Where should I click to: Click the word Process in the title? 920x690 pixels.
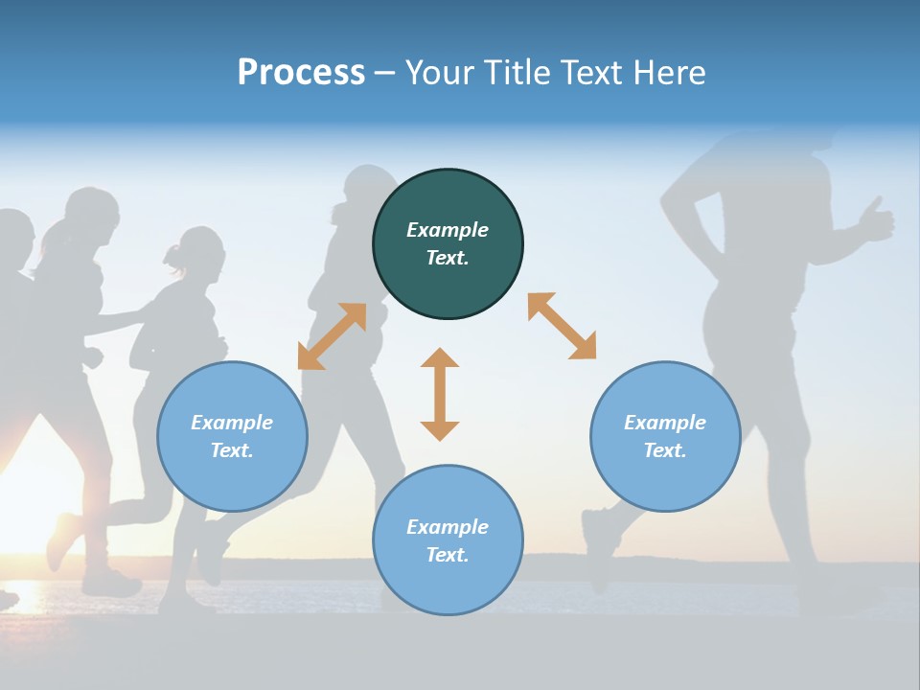(301, 73)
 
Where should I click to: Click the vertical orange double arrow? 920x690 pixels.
(440, 394)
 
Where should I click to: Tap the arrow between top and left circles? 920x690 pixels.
(333, 336)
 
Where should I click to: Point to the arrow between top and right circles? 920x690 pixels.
(562, 326)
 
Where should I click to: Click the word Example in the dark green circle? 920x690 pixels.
(448, 230)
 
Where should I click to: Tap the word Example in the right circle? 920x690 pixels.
(665, 423)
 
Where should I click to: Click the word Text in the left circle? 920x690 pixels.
(231, 450)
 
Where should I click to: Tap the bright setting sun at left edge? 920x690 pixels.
(24, 498)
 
